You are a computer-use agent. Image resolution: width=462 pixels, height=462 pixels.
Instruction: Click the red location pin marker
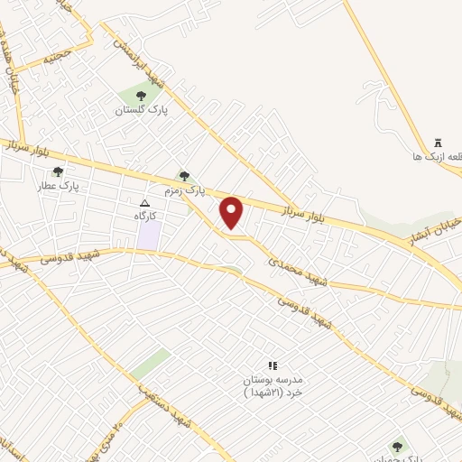coord(232,213)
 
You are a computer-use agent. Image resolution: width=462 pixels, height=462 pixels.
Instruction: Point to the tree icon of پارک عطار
coord(58,171)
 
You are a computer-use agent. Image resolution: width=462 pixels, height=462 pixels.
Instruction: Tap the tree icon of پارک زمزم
coord(184,176)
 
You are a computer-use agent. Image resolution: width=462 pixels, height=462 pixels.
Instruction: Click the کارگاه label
coord(146,217)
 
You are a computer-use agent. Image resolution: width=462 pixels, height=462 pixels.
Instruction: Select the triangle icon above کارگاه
coord(145,203)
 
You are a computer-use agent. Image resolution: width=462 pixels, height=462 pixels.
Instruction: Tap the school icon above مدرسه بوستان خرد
coord(273,365)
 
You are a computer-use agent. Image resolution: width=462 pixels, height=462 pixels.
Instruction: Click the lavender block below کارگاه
coord(149,236)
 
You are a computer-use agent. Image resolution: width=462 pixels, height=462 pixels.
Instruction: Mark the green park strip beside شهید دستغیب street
coord(150,365)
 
